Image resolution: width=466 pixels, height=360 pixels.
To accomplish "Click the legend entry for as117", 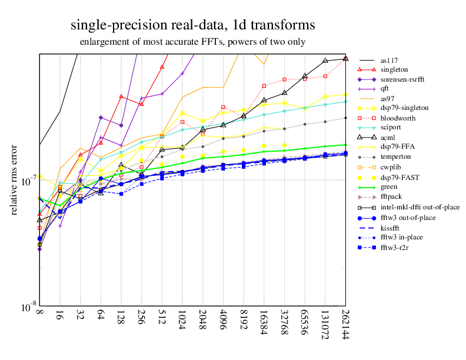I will click(x=388, y=60).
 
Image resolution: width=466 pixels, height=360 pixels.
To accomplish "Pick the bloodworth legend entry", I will click(x=397, y=118).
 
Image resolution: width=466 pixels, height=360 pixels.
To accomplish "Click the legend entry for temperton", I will click(x=394, y=157).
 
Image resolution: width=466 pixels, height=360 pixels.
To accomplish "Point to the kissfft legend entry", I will click(x=391, y=228).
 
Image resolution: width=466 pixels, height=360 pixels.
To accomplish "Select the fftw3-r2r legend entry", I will click(x=394, y=247).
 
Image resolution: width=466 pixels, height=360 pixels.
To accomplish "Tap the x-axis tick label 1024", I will click(x=182, y=321).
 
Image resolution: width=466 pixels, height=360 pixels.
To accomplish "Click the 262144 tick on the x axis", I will click(x=345, y=325).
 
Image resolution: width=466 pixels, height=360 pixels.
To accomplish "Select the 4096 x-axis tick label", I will click(x=223, y=321).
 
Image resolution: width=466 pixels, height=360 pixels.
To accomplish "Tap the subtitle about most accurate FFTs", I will click(x=192, y=42).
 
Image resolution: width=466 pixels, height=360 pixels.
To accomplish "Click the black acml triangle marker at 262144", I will click(x=345, y=58).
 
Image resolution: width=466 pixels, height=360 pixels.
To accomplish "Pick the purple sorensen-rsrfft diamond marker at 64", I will click(x=101, y=118).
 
